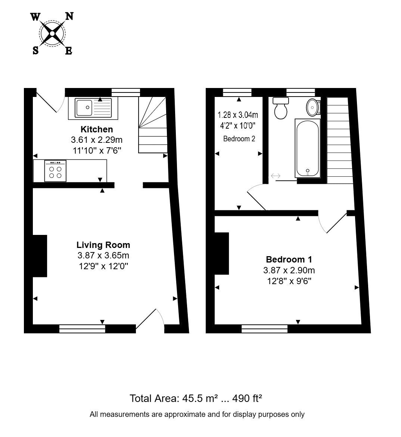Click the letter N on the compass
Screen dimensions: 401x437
[69, 16]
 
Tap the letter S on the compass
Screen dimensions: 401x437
[35, 50]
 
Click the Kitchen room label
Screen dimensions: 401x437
[97, 129]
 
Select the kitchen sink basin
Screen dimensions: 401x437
[84, 107]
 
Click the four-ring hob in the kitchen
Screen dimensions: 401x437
[55, 171]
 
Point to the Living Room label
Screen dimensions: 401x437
[103, 245]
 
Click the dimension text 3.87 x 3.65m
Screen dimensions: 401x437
[103, 255]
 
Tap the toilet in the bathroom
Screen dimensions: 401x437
[281, 108]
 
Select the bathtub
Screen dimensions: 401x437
[308, 148]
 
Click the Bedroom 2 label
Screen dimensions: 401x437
[239, 139]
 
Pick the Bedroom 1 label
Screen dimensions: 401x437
[289, 260]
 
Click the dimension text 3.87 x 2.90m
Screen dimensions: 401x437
[289, 270]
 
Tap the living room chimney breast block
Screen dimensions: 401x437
[40, 256]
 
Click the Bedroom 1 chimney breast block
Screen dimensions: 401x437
[222, 253]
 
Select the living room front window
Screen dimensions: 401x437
[82, 328]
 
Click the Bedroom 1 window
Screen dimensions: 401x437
[265, 328]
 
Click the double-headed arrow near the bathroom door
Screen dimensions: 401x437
[276, 176]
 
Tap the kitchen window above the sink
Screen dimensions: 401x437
[125, 92]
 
